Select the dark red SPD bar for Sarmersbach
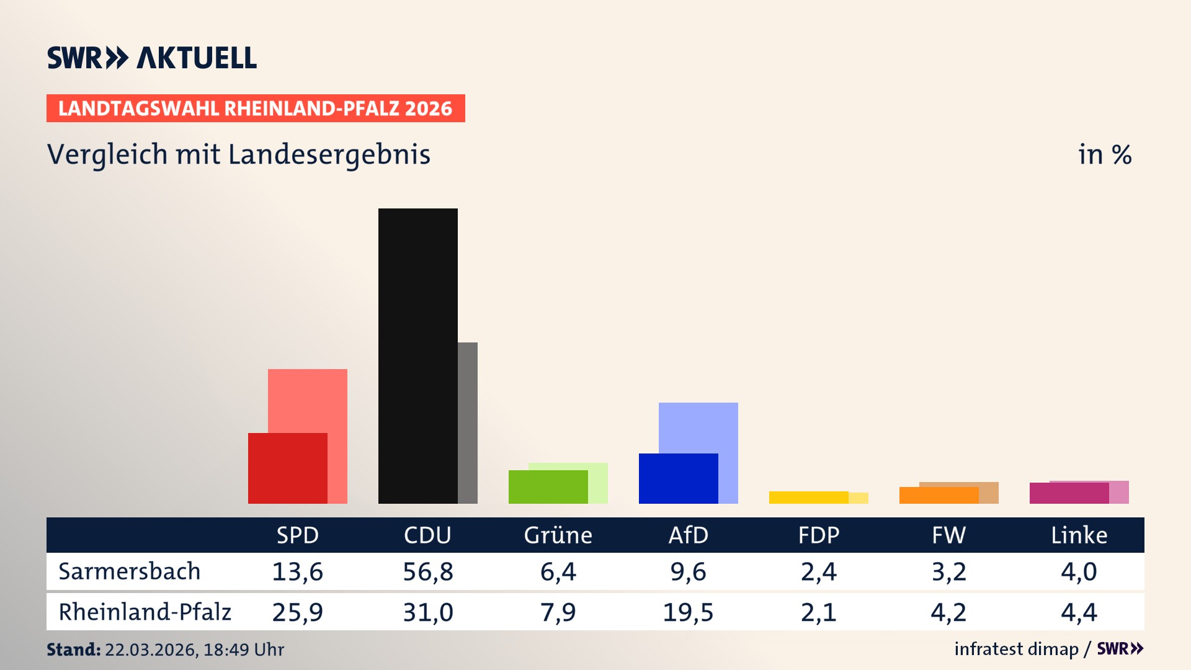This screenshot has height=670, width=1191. [x=287, y=468]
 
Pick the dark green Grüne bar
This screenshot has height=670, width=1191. [x=548, y=486]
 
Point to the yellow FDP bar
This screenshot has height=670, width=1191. [x=808, y=497]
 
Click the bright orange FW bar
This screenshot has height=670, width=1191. [x=939, y=495]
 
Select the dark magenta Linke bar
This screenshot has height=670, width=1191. [x=1069, y=493]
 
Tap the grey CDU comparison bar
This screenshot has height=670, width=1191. [x=468, y=422]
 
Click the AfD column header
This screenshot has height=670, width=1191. [x=688, y=535]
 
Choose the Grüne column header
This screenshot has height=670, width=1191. [x=558, y=535]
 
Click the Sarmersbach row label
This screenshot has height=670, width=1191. [x=130, y=571]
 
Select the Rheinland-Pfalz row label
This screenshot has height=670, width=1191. [x=145, y=612]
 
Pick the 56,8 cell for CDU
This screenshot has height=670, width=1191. [x=427, y=571]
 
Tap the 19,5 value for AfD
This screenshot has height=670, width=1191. [x=688, y=612]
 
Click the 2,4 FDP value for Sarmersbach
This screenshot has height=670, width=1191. [x=818, y=571]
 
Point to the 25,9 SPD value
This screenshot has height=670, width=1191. [x=297, y=612]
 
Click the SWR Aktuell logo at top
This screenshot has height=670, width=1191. [x=152, y=58]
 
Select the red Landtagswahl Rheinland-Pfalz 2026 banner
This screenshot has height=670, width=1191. [x=256, y=108]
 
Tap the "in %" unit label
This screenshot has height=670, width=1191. [x=1104, y=154]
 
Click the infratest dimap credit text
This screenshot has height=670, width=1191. [x=1016, y=649]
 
